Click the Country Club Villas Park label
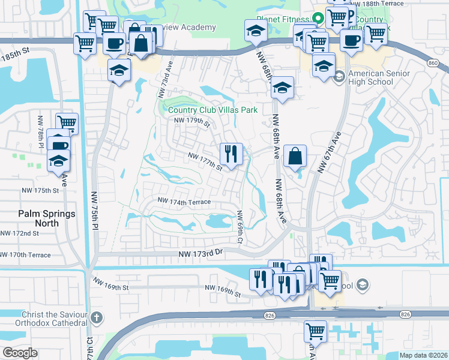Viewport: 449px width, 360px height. [212, 110]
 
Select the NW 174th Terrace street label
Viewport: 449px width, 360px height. [184, 202]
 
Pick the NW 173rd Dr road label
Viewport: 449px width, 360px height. [200, 254]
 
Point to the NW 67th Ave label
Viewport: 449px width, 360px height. [329, 152]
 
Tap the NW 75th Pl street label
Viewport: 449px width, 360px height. [94, 210]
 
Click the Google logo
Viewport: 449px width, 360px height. [20, 352]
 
